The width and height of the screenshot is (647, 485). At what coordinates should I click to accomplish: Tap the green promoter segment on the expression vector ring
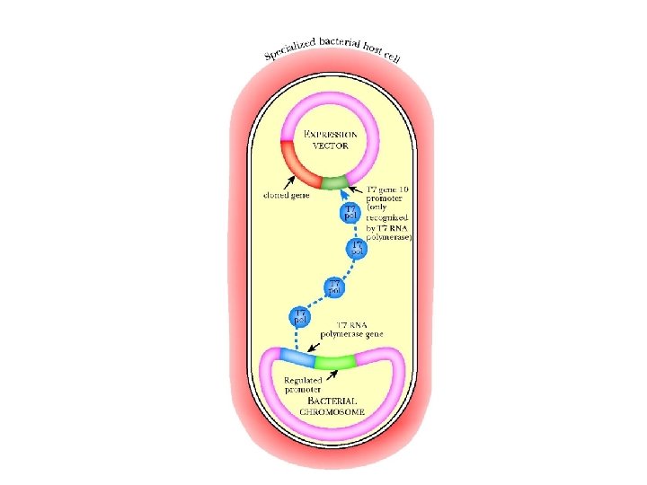coord(334,183)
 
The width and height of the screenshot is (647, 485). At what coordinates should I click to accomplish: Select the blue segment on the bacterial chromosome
coord(296,358)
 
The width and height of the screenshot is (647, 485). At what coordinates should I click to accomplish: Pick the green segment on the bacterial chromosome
coord(335,361)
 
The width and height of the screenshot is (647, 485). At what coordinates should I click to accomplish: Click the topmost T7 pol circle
coord(352,214)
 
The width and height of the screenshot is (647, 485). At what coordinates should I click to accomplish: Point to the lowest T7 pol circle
coord(297,316)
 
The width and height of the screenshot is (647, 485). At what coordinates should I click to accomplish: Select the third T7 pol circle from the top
coord(334,287)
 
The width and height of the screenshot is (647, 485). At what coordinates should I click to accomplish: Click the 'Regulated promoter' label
coord(298,384)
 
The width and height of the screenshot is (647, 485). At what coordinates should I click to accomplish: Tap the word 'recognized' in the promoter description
coord(377,218)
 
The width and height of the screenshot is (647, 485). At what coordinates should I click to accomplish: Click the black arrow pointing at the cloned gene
coord(294,182)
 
